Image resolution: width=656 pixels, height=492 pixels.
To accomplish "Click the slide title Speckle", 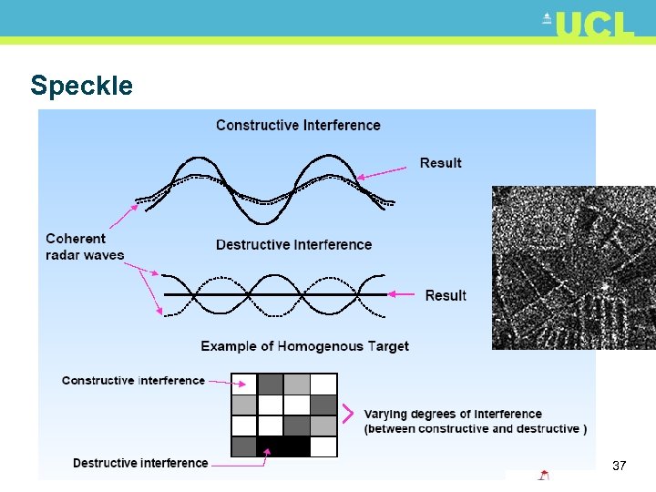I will [81, 86].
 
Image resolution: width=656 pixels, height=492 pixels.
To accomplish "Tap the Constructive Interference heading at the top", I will [298, 125].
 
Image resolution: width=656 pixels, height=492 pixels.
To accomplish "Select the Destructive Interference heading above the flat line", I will [293, 244].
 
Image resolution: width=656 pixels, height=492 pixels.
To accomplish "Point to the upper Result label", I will [440, 163].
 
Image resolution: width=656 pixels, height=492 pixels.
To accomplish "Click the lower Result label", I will [445, 295].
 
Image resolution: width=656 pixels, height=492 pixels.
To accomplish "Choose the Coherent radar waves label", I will [85, 247].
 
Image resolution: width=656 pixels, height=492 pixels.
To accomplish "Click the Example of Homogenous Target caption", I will [304, 346].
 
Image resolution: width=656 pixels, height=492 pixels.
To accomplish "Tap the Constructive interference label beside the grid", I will [133, 380].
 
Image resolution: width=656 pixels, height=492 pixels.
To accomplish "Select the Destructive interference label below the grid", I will [140, 463].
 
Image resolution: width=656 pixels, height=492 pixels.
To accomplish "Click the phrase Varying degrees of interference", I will [453, 415].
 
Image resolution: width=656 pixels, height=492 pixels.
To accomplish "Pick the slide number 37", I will [619, 466].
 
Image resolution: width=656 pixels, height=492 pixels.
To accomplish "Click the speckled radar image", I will [573, 268].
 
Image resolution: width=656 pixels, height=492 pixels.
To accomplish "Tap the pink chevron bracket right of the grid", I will [347, 415].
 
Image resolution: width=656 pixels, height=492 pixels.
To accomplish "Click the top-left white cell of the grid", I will [244, 384].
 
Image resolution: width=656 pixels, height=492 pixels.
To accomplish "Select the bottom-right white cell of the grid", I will [323, 446].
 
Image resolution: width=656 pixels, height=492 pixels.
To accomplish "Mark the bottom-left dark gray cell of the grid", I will [244, 446].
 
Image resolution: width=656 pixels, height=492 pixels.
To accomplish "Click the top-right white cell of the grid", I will [323, 384].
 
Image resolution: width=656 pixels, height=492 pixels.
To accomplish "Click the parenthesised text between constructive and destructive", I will [476, 429].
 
